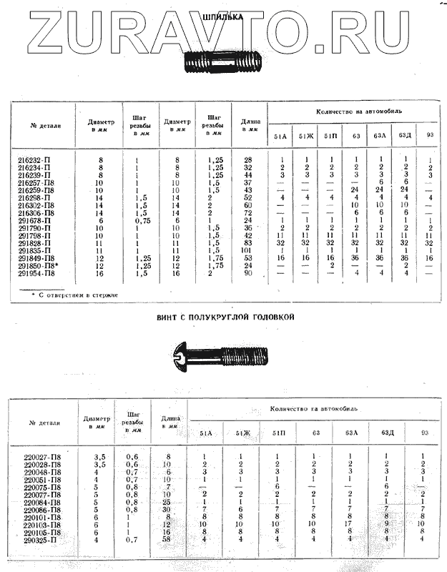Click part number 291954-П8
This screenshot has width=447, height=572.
tap(37, 273)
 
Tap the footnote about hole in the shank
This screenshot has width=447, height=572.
tap(69, 294)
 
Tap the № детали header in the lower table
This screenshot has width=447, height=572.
tap(44, 423)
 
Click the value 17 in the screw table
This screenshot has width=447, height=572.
tap(350, 524)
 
